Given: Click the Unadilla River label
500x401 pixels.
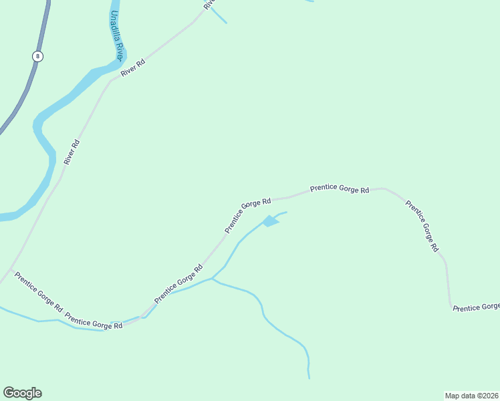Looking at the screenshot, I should (x=117, y=37).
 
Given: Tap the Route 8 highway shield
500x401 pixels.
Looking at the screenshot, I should (x=37, y=57).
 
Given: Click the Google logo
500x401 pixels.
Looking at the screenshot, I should (x=22, y=393).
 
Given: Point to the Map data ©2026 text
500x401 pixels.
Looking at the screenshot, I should (x=471, y=395).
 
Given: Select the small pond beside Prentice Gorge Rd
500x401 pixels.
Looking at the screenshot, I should (x=269, y=221).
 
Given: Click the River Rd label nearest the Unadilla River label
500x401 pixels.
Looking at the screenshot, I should (x=132, y=68).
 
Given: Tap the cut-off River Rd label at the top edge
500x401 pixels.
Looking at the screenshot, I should (x=209, y=3).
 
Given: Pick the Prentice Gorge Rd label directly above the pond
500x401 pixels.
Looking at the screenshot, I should (x=247, y=215).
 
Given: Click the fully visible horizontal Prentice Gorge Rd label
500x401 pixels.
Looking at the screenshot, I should (x=340, y=189).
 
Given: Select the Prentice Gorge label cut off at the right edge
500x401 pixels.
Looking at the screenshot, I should (x=476, y=307).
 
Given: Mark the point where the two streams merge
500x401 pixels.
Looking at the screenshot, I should (x=212, y=278).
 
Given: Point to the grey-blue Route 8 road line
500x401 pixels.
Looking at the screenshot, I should (x=23, y=94).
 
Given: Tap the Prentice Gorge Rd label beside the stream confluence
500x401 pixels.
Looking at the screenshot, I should (x=178, y=284).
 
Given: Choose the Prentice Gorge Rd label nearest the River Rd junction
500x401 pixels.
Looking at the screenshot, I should (x=38, y=293).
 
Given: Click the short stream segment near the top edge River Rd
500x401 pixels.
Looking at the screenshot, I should (x=219, y=16).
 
